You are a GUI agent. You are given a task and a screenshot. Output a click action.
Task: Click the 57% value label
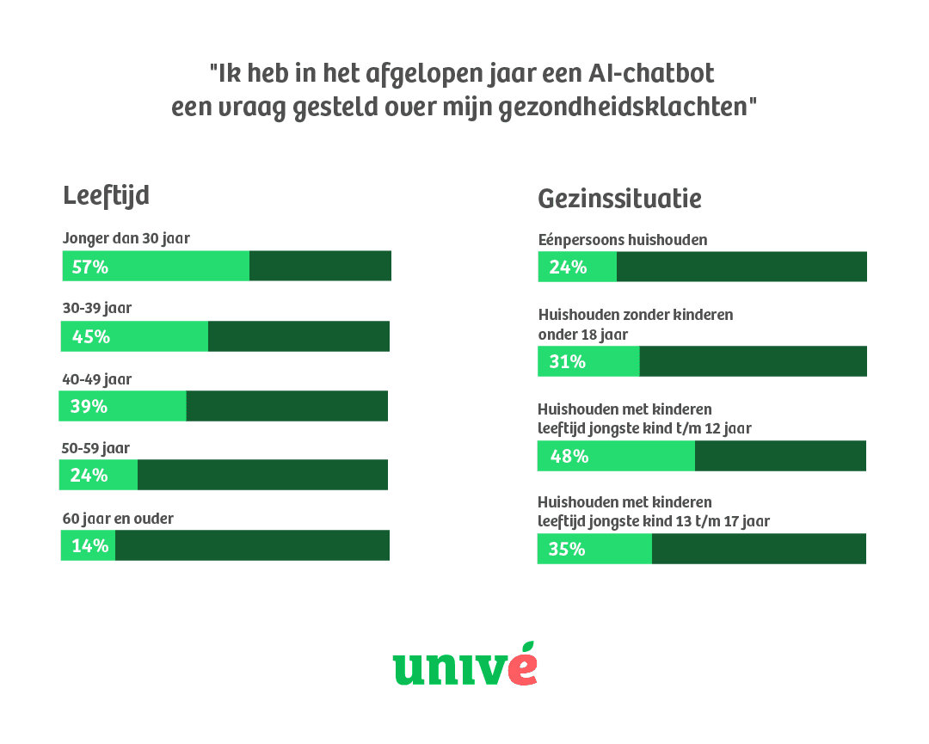[90, 267]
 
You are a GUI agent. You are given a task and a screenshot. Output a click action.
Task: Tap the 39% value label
[89, 406]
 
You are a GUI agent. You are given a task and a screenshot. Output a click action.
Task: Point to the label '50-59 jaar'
[96, 448]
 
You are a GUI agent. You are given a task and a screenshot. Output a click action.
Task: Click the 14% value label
[89, 545]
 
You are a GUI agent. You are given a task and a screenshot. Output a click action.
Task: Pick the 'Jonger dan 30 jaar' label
[126, 238]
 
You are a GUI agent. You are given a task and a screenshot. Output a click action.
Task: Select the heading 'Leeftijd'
[106, 195]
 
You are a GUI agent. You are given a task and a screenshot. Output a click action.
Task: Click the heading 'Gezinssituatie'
[619, 199]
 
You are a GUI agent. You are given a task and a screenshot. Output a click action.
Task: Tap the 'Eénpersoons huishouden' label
[622, 239]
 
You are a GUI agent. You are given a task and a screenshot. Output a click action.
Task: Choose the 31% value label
[567, 362]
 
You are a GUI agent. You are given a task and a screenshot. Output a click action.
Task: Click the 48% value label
[569, 457]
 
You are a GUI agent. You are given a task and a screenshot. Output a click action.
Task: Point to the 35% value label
[566, 549]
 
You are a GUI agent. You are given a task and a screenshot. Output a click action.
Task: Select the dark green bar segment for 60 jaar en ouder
[252, 545]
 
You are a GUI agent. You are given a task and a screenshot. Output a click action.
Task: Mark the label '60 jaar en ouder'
[118, 519]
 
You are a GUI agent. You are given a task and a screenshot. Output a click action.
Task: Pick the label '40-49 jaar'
[96, 378]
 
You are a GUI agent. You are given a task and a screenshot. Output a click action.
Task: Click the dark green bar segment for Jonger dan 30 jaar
[320, 266]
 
